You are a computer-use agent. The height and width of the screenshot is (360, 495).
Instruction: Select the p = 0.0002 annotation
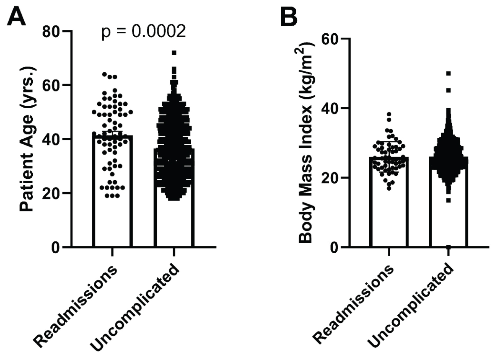coord(144,32)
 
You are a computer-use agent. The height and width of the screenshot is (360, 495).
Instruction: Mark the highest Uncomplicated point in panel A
coord(174,53)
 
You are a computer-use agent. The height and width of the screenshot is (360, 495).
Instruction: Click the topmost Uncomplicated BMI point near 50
coord(448,73)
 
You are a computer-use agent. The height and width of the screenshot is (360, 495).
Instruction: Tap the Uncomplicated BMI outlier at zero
coord(448,247)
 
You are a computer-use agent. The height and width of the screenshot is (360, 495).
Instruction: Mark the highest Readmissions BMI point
coord(389,114)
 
